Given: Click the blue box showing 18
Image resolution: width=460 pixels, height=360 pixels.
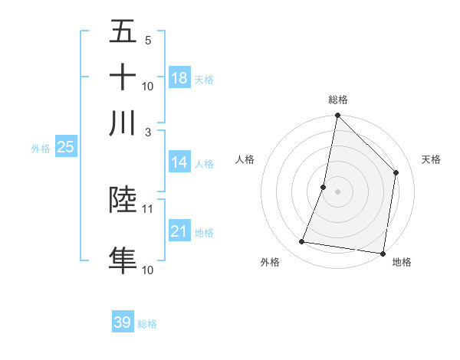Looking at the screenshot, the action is click(x=179, y=78).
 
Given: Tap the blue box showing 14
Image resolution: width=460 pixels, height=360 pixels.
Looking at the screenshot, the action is click(x=179, y=162).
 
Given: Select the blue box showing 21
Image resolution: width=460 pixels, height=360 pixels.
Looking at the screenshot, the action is click(x=179, y=231).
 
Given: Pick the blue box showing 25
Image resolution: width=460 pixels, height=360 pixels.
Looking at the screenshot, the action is click(x=65, y=147).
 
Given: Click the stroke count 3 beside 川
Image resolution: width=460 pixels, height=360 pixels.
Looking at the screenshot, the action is click(x=148, y=132).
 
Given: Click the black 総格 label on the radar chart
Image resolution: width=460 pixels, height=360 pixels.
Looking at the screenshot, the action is click(x=338, y=100).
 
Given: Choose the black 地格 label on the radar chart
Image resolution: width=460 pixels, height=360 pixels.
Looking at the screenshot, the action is click(x=402, y=263).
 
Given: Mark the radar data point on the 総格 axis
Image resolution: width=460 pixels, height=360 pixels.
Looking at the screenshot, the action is click(x=337, y=116).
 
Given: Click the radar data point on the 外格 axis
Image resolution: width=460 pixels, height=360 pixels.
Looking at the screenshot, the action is click(x=302, y=242).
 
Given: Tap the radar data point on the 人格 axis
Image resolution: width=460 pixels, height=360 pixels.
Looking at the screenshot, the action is click(x=324, y=186).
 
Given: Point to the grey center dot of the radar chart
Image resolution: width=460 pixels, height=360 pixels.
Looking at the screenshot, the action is click(x=337, y=191).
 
